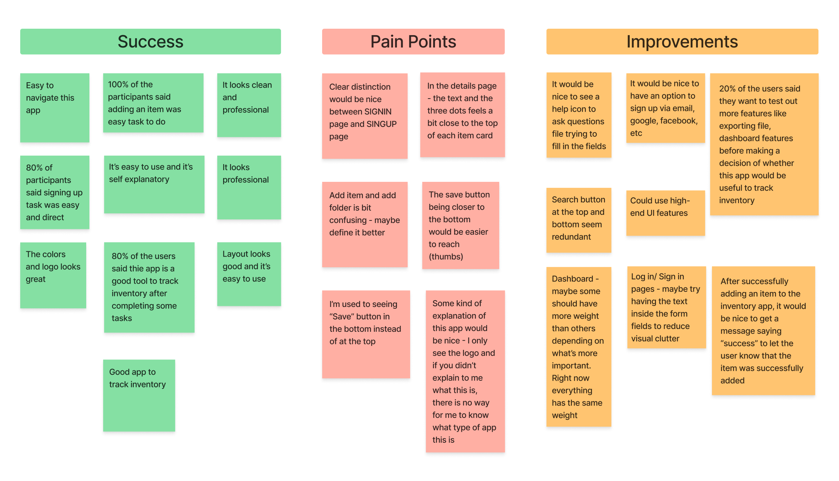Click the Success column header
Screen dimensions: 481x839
pos(150,41)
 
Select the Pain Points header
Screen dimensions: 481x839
pos(413,41)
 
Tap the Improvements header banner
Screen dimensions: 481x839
pos(682,41)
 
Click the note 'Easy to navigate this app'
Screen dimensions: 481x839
pos(55,107)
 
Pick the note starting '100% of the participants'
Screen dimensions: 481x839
pos(153,103)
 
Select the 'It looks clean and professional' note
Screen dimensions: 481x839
pos(249,105)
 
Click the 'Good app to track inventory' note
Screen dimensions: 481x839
pos(139,395)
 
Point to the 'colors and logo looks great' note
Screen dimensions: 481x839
pos(53,275)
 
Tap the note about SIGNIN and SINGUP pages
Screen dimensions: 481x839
pos(364,116)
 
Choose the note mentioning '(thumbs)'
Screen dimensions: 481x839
pos(460,225)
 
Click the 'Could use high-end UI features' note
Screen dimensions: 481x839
pos(665,213)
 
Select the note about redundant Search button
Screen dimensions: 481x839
pos(578,220)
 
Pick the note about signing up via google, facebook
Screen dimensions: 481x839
pos(665,108)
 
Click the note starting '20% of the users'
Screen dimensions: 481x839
pos(764,144)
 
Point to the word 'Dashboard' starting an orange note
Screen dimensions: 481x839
pos(572,279)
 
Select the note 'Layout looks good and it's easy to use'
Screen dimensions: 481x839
pos(249,274)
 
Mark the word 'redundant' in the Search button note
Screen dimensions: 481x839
pos(571,237)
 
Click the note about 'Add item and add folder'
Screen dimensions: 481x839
pos(364,224)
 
